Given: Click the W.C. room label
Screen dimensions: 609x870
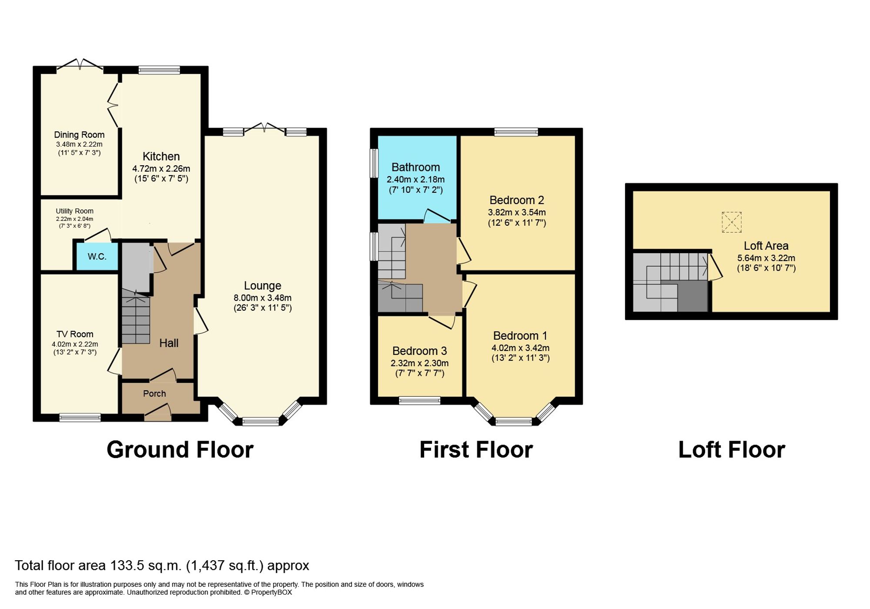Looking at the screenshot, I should (97, 257).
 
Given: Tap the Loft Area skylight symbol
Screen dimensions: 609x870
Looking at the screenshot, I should (731, 222).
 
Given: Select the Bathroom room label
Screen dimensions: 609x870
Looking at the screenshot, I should (415, 167).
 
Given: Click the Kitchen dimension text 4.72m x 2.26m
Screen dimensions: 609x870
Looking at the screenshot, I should (161, 168).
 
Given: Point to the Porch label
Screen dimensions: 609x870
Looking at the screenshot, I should (154, 394).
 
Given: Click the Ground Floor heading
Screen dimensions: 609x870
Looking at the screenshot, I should (180, 450).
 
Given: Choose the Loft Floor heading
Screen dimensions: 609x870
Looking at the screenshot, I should (731, 450).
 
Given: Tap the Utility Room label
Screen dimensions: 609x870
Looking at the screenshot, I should (74, 211).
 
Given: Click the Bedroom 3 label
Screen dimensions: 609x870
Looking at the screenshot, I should (419, 351).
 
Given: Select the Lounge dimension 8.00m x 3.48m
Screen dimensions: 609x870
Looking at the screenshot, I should (262, 298).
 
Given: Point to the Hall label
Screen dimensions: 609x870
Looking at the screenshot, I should (169, 343).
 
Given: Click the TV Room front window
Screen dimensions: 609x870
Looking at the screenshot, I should (80, 418).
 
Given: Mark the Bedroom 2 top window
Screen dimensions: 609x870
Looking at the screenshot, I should (516, 131).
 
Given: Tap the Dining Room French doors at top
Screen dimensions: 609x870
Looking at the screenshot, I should (80, 65).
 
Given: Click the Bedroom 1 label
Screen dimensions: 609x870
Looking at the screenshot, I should (520, 336).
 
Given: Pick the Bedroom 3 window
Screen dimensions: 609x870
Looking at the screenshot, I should (419, 401).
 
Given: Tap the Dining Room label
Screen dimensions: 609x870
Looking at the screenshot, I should (79, 135).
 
